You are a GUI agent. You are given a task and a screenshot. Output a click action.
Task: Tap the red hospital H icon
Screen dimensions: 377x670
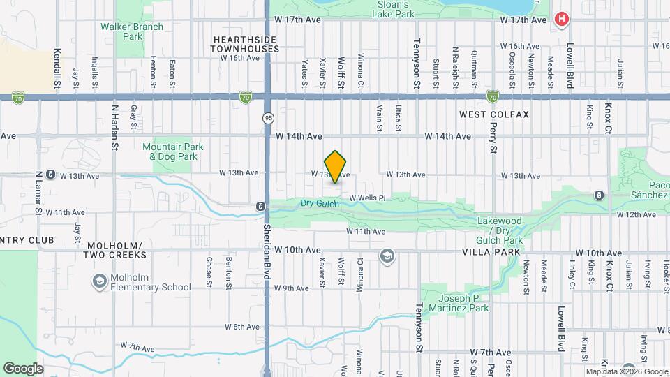point(560,20)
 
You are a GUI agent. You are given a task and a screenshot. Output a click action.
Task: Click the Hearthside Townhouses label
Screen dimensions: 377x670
point(246,44)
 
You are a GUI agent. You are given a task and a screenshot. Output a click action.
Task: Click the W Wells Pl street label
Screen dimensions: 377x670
point(367,198)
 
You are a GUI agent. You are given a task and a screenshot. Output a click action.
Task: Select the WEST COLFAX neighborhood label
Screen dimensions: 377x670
point(494,114)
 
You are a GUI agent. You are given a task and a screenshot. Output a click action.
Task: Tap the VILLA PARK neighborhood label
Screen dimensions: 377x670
point(487,251)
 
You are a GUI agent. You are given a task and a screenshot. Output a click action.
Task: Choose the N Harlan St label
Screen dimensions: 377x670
point(114,128)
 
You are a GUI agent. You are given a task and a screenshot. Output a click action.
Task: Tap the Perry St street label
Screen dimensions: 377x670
point(493,137)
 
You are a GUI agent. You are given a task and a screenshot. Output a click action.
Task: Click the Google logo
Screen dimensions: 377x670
point(22,368)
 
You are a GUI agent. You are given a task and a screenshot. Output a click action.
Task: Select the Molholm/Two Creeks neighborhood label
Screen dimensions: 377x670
point(115,251)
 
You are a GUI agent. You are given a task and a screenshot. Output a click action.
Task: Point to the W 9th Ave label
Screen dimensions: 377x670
point(292,288)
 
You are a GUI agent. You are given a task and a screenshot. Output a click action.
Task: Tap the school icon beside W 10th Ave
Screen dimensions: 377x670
point(386,257)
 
